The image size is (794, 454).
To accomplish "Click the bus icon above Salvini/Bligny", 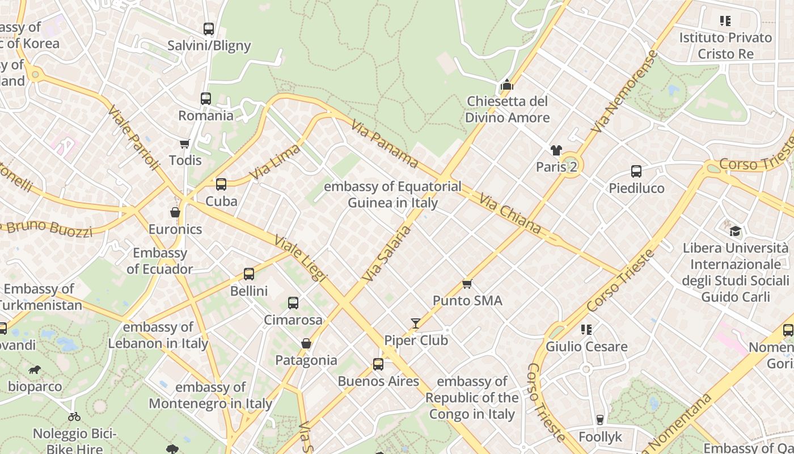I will (209, 28).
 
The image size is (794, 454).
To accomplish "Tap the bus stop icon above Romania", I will (206, 99).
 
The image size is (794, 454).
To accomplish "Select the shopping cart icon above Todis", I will (184, 144).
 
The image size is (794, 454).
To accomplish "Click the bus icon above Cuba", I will (221, 184).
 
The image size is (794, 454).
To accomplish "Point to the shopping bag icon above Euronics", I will (175, 212).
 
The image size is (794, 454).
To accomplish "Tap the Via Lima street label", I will (275, 162).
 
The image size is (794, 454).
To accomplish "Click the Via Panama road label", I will (384, 144).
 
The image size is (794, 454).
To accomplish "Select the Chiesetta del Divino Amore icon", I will (507, 85).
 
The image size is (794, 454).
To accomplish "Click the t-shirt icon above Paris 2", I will (556, 150).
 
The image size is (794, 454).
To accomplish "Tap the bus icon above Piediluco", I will (636, 171).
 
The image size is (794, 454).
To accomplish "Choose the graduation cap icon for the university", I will (735, 231).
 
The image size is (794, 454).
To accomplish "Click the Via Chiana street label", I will (510, 214).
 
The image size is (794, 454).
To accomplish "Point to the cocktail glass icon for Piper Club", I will (416, 323).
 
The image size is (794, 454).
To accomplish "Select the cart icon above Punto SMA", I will (467, 284).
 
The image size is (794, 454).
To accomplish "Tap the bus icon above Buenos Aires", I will (378, 364).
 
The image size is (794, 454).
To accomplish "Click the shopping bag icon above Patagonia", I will (306, 343).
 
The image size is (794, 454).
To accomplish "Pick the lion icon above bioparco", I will (35, 370).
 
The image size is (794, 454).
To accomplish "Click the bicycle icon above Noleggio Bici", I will (74, 417).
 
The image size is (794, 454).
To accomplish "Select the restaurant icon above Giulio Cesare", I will (586, 330).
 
